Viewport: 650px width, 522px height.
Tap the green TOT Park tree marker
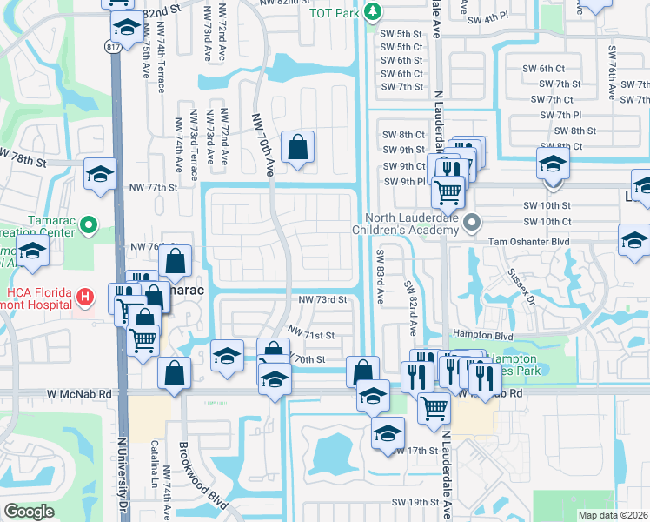(372, 11)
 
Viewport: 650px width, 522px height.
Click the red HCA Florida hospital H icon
(84, 298)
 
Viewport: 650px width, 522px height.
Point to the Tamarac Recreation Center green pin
(88, 226)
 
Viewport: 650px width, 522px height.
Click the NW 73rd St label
(322, 299)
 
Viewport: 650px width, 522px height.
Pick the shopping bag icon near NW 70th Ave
(297, 147)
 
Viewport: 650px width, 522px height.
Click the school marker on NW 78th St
(100, 172)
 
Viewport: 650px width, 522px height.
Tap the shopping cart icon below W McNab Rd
(434, 405)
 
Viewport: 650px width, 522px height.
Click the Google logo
(29, 512)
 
